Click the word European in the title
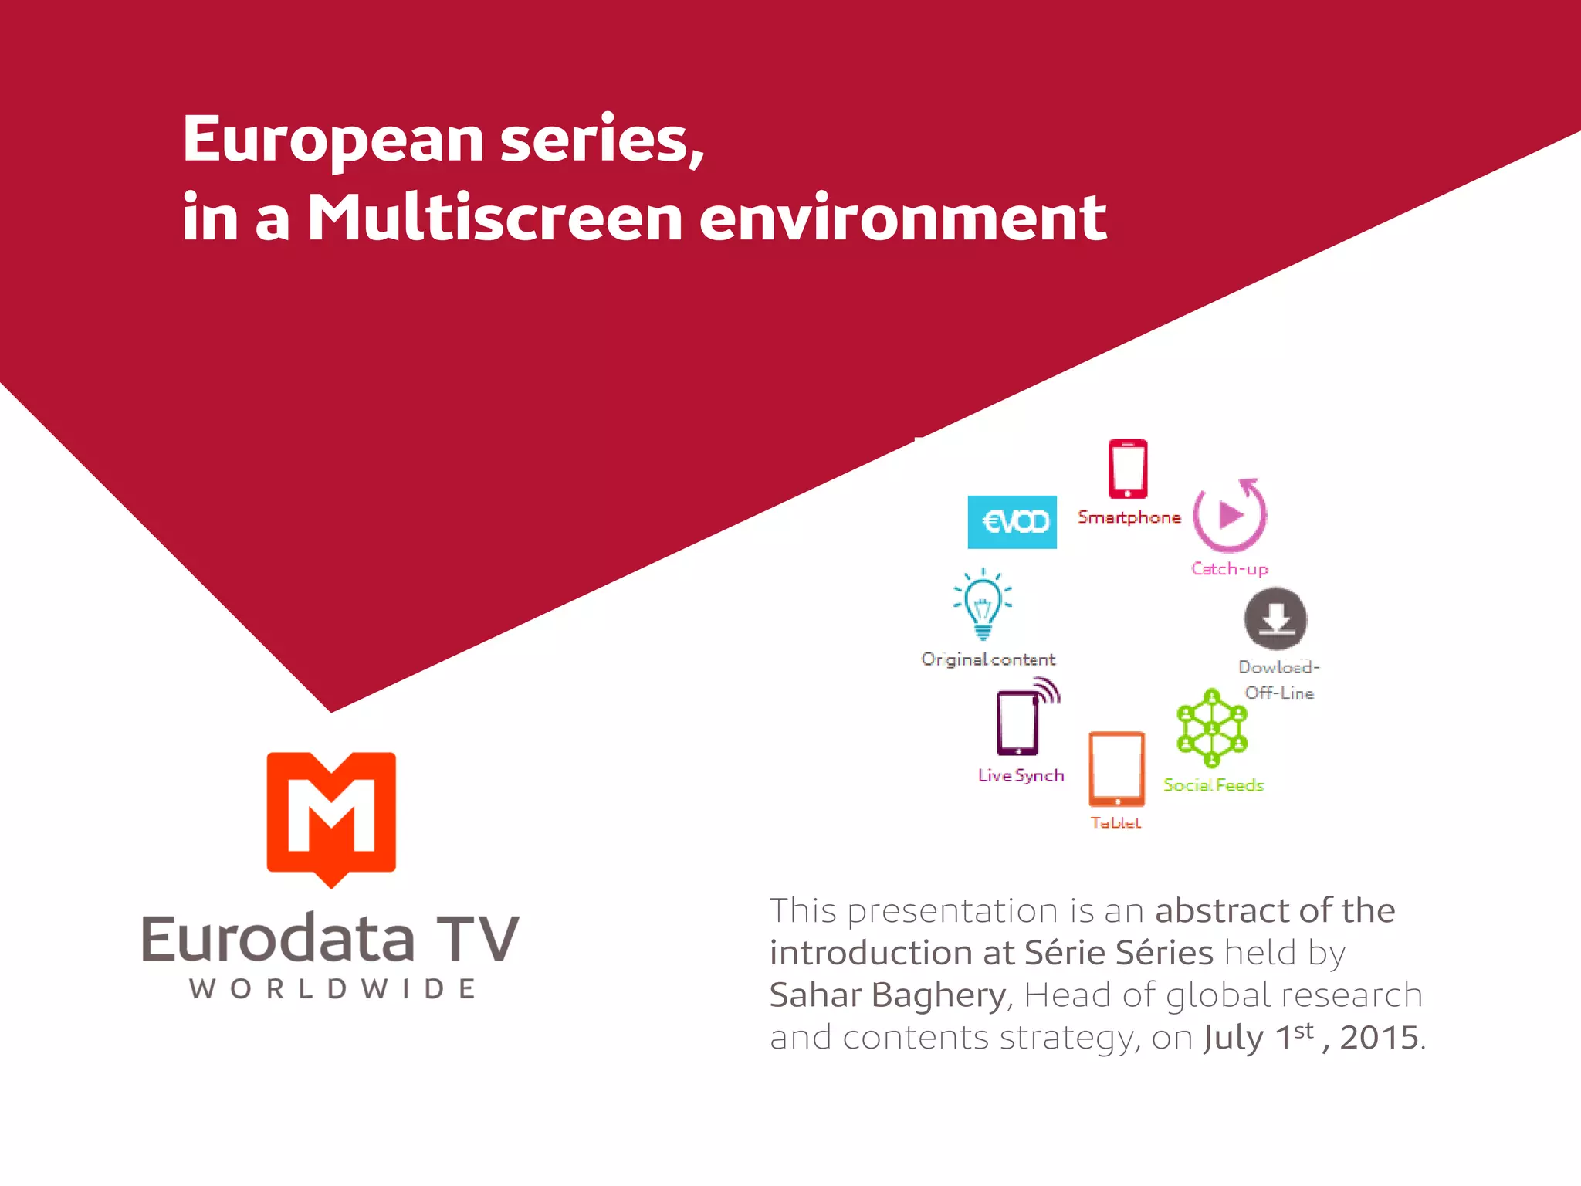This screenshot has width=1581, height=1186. (333, 141)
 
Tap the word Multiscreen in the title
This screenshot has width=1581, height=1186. (495, 218)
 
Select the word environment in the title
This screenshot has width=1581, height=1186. (902, 218)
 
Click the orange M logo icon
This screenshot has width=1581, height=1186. (331, 817)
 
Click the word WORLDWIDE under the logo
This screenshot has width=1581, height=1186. (332, 989)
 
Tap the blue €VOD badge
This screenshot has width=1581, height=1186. (1012, 522)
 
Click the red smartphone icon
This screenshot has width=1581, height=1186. (1128, 469)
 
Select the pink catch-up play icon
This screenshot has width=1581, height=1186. (1230, 515)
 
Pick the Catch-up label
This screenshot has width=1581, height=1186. (1229, 569)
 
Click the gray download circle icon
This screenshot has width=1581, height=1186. (1275, 619)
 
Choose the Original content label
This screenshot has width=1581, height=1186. (988, 659)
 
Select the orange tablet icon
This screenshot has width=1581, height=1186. (1116, 769)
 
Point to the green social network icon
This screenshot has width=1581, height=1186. (1212, 728)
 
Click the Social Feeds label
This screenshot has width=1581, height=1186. (1214, 785)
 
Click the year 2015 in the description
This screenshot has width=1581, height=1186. (1380, 1038)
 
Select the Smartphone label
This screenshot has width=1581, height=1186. (1129, 517)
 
